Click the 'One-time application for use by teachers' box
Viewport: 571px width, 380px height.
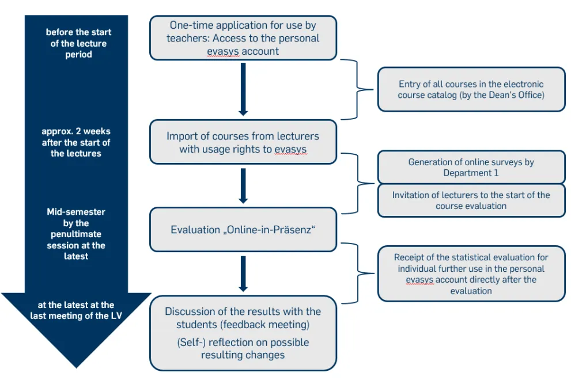tap(243, 38)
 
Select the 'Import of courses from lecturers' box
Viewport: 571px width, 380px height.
tap(243, 142)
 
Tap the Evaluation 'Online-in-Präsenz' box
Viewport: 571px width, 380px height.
tap(243, 230)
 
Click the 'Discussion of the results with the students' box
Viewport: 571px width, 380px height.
tap(243, 333)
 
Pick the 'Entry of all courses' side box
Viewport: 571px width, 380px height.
tap(471, 89)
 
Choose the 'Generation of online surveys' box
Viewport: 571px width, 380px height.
tap(471, 167)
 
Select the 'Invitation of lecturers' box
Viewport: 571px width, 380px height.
tap(471, 200)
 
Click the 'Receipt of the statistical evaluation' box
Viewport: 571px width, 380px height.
tap(471, 273)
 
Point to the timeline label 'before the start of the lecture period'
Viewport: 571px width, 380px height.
tap(78, 43)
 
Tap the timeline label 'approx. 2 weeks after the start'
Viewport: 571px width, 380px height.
tap(75, 142)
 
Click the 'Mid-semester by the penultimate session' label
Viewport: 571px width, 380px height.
tap(75, 234)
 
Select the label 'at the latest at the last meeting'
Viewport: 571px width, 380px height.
tap(75, 310)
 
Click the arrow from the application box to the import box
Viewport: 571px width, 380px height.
tap(243, 89)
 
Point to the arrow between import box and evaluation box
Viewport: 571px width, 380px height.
tap(243, 185)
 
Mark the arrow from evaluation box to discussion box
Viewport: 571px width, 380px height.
tap(243, 273)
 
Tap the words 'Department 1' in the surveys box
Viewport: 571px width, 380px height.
tap(471, 173)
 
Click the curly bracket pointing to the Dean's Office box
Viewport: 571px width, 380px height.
tap(357, 89)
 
